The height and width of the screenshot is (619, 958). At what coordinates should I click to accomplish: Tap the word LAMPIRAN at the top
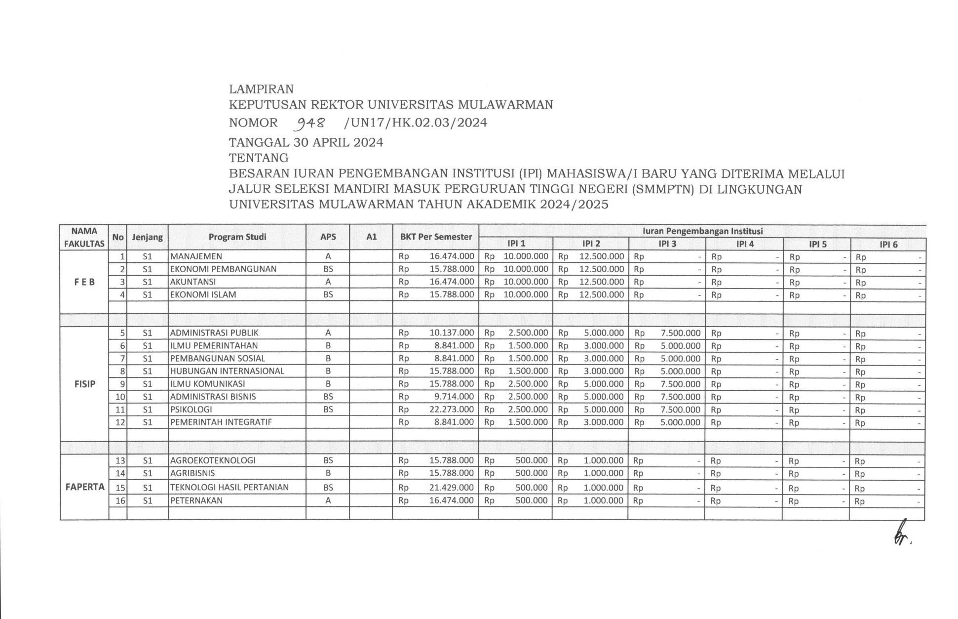click(x=261, y=89)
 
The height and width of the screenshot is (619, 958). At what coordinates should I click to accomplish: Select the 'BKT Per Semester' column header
click(x=436, y=237)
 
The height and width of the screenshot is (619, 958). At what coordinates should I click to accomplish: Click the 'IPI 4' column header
click(x=745, y=244)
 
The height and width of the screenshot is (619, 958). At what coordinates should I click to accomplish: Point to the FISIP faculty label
click(x=84, y=384)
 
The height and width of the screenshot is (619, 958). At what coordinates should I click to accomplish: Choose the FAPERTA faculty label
click(x=85, y=487)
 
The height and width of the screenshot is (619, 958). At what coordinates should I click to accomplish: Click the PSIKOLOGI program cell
click(x=191, y=410)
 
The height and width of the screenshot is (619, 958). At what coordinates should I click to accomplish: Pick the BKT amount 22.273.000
click(x=451, y=410)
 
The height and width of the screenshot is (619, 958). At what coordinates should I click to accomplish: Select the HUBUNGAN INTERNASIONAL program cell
click(x=227, y=371)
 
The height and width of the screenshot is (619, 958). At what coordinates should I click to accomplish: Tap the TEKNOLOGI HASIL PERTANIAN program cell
click(x=229, y=487)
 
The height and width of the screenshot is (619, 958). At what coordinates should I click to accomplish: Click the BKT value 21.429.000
click(x=451, y=488)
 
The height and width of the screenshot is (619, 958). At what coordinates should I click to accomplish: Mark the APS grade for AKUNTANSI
click(x=328, y=282)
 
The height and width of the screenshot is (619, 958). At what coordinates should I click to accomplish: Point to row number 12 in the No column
click(x=120, y=422)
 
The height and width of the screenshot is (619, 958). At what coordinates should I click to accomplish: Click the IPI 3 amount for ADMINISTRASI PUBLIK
click(x=680, y=333)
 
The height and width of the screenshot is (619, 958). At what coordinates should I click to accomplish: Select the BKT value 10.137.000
click(x=451, y=333)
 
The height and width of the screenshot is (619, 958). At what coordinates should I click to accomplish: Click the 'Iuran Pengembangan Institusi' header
click(x=702, y=231)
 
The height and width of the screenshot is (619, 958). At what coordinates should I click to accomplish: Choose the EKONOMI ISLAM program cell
click(x=203, y=295)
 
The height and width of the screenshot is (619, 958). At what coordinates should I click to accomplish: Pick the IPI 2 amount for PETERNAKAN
click(x=603, y=500)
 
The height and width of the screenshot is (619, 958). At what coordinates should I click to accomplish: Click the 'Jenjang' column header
click(x=147, y=237)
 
